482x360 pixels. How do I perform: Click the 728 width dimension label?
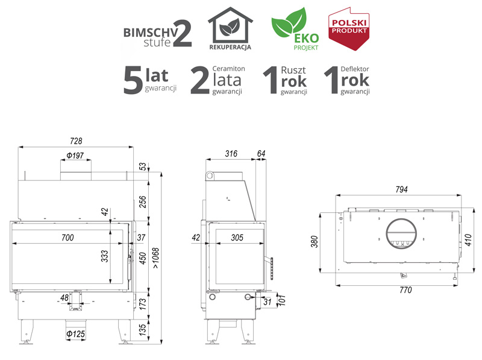76,141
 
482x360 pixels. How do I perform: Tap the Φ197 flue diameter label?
75,156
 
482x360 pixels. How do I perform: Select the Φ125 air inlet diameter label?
76,334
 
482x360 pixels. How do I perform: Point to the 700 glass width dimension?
67,238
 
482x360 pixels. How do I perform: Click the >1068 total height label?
156,258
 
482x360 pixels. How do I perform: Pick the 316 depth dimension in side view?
231,154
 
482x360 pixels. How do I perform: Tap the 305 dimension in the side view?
237,238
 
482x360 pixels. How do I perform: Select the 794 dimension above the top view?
401,189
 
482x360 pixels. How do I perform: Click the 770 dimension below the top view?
405,290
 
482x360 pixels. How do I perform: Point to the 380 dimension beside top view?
314,242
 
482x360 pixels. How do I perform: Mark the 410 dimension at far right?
468,240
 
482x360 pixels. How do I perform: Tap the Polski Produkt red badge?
349,28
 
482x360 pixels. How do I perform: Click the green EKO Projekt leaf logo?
295,28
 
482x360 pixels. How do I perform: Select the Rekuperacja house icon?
230,28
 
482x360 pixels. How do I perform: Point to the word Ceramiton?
229,69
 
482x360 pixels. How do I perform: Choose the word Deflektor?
355,69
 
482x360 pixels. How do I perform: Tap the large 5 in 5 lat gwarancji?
133,80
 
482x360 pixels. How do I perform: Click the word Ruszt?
293,70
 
